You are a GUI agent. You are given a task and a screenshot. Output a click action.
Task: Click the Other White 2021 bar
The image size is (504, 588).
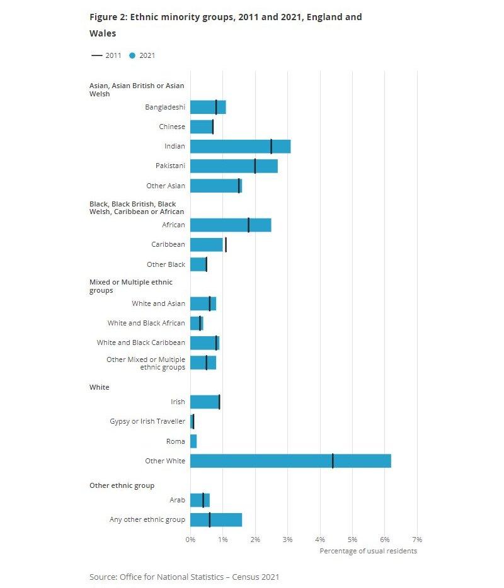290,461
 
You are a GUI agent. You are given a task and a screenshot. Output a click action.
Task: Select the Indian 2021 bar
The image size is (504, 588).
240,146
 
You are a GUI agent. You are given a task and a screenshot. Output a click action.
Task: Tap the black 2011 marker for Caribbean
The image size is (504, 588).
226,245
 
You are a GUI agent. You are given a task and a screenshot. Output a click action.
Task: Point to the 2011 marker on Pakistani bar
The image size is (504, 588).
255,166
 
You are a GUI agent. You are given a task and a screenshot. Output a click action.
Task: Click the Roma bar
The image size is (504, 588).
193,441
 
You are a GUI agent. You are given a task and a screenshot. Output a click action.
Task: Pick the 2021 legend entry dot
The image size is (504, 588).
132,55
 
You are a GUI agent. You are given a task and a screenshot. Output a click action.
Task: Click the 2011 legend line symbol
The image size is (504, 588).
96,55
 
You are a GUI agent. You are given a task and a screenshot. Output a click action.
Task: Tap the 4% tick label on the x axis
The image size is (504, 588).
320,540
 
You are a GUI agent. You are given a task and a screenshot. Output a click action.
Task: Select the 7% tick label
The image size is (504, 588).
417,540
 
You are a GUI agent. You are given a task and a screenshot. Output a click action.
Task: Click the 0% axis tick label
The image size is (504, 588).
190,540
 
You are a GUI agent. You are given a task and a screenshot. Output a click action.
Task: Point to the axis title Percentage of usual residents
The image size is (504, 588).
368,551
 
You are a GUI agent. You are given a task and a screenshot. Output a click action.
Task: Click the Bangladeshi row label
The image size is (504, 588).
165,107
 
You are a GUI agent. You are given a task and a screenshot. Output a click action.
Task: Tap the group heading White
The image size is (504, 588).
99,387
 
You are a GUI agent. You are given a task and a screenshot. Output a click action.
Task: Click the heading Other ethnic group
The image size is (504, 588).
122,485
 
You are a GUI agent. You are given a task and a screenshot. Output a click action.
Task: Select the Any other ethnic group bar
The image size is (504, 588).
216,519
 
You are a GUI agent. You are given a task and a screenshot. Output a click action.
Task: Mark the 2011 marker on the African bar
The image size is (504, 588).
248,225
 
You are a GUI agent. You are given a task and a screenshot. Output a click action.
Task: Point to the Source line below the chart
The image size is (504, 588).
184,577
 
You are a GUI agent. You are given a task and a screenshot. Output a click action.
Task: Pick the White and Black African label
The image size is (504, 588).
146,323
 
